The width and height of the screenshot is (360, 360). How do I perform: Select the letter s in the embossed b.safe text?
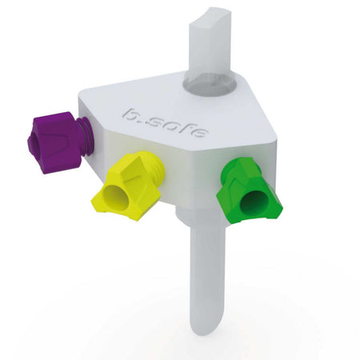154,122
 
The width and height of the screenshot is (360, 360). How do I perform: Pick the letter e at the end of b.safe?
201,133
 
